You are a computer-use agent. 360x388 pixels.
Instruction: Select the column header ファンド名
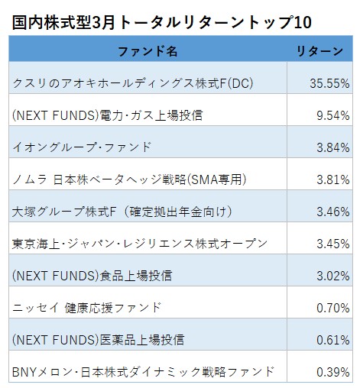(148, 52)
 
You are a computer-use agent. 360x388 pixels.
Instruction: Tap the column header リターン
(319, 52)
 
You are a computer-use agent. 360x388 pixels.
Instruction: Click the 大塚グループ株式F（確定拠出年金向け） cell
(122, 212)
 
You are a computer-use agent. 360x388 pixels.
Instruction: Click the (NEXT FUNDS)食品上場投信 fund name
(92, 276)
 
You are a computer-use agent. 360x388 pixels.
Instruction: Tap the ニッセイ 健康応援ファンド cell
(87, 308)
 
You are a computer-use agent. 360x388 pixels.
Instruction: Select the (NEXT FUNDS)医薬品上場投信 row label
(99, 340)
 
